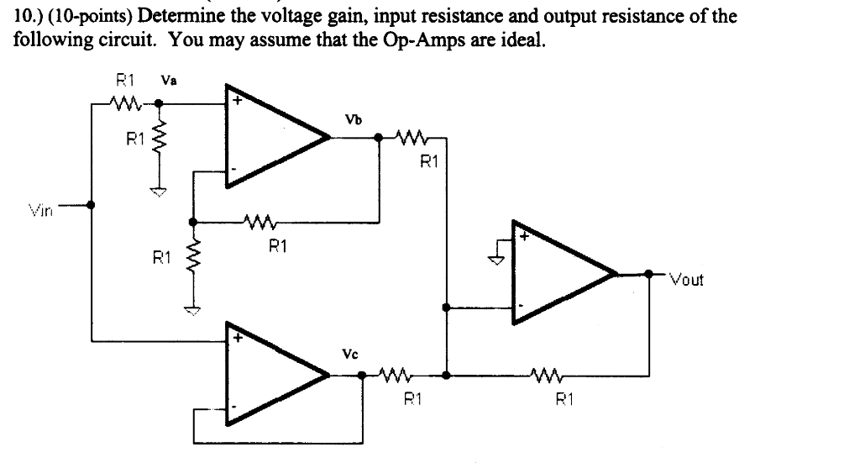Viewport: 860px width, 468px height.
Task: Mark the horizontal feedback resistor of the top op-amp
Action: [257, 223]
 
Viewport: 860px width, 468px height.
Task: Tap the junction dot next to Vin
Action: [91, 204]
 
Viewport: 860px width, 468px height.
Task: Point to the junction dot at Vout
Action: [648, 273]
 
